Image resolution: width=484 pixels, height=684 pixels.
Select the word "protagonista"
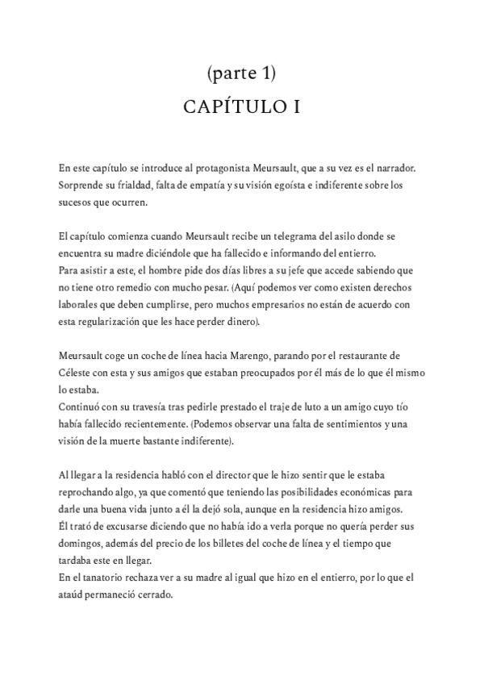click(x=215, y=168)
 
